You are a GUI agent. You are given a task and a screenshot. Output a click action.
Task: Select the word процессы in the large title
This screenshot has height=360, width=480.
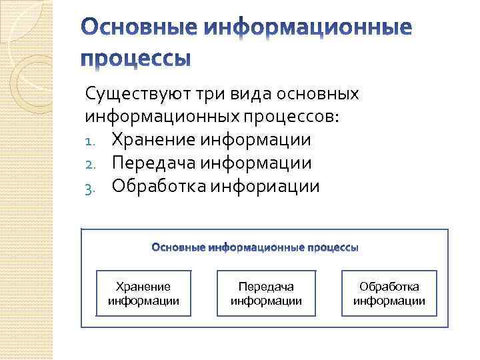pos(136,58)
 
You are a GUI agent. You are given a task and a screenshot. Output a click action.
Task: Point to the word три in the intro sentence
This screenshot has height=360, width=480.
pos(214,94)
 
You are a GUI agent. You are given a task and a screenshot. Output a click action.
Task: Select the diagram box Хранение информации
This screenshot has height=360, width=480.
pos(143,293)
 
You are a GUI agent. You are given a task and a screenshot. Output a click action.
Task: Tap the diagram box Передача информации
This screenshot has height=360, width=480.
pos(266,293)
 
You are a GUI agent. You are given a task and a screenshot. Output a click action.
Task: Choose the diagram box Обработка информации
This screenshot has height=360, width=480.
pos(389,293)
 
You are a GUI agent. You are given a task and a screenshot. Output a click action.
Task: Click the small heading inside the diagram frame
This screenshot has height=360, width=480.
pos(255,248)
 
